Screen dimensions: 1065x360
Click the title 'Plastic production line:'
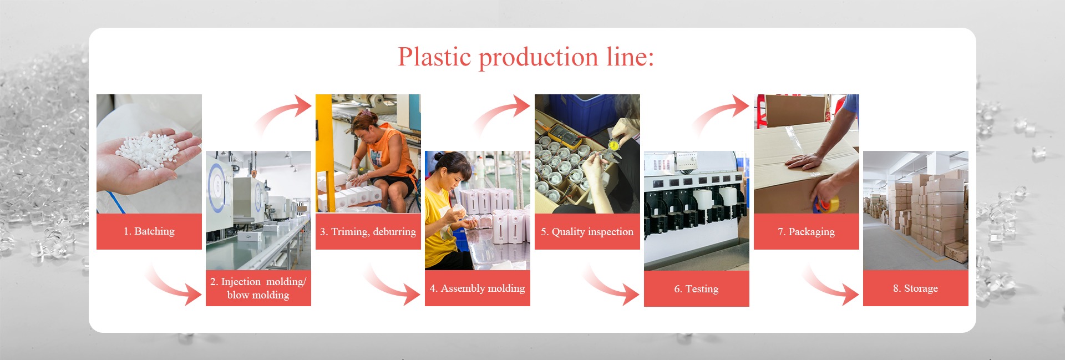pyautogui.click(x=526, y=57)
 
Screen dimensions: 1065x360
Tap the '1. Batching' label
pyautogui.click(x=149, y=231)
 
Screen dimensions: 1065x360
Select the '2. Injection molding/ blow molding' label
pyautogui.click(x=258, y=288)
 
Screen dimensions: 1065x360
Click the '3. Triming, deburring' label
pyautogui.click(x=368, y=232)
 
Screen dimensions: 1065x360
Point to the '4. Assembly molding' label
pyautogui.click(x=477, y=288)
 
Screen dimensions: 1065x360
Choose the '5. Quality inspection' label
pyautogui.click(x=587, y=232)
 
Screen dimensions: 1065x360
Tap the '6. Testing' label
pyautogui.click(x=696, y=289)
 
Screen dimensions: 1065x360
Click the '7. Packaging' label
pyautogui.click(x=806, y=232)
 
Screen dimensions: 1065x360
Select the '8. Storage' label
pyautogui.click(x=915, y=288)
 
